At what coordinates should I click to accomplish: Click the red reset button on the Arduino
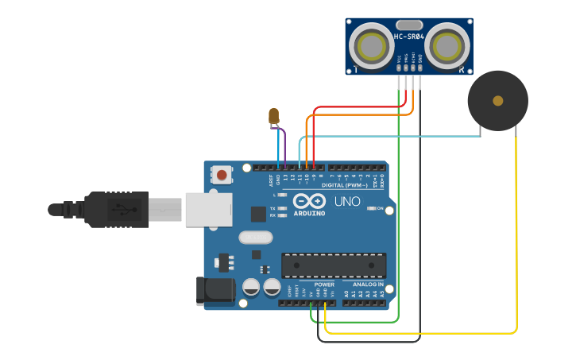222,174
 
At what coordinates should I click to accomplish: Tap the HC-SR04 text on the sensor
408,37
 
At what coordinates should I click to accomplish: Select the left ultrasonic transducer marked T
371,47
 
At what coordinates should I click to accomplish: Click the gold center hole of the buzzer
497,101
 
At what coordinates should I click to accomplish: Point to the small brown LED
274,116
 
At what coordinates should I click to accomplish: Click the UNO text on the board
347,202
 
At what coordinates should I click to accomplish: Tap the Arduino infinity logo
309,200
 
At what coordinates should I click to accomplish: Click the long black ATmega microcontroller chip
334,265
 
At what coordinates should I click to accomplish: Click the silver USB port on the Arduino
208,209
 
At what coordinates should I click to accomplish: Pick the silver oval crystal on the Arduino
255,237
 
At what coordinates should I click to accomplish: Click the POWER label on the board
324,284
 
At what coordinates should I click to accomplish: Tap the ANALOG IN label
363,284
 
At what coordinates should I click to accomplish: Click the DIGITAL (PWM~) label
350,184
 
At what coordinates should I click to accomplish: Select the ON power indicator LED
372,208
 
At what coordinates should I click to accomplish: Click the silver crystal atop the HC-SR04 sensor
408,25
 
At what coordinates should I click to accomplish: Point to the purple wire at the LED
283,143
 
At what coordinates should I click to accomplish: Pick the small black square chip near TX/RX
258,213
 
